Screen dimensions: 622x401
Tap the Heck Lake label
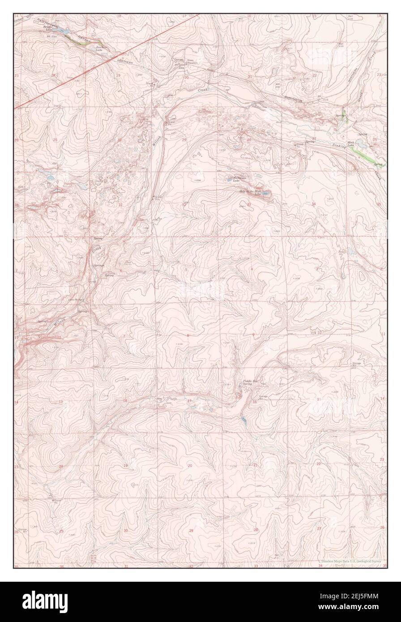coord(361,140)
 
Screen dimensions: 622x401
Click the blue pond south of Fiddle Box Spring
coord(243,420)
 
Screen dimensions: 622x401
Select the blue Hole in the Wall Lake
coord(266,194)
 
